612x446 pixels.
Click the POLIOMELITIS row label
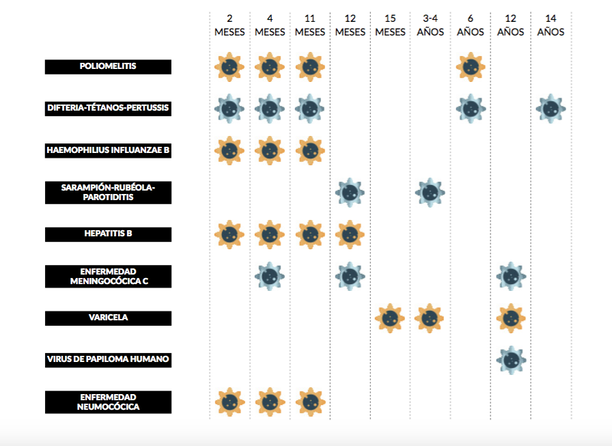(108, 66)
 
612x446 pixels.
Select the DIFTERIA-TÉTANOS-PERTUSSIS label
(108, 108)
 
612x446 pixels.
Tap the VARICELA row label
(108, 318)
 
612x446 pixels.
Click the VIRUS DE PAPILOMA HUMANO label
(108, 359)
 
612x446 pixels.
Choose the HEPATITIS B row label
(108, 234)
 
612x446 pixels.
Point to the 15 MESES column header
(390, 25)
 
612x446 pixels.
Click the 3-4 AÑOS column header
(430, 25)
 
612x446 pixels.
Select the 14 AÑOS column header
(551, 25)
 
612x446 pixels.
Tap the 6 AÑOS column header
(471, 25)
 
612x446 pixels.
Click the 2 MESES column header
(229, 25)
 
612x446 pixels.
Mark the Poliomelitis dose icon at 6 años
(471, 67)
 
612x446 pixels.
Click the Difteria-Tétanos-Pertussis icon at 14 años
(551, 108)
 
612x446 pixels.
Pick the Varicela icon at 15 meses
(390, 318)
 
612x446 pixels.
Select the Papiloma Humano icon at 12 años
(510, 359)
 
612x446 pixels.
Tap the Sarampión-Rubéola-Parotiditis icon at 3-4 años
(431, 193)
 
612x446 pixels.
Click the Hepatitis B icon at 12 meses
(350, 234)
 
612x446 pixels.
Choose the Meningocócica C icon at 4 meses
(270, 276)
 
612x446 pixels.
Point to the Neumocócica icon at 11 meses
(310, 402)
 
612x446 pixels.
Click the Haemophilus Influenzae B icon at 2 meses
(229, 150)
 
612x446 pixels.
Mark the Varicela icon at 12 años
(510, 318)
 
